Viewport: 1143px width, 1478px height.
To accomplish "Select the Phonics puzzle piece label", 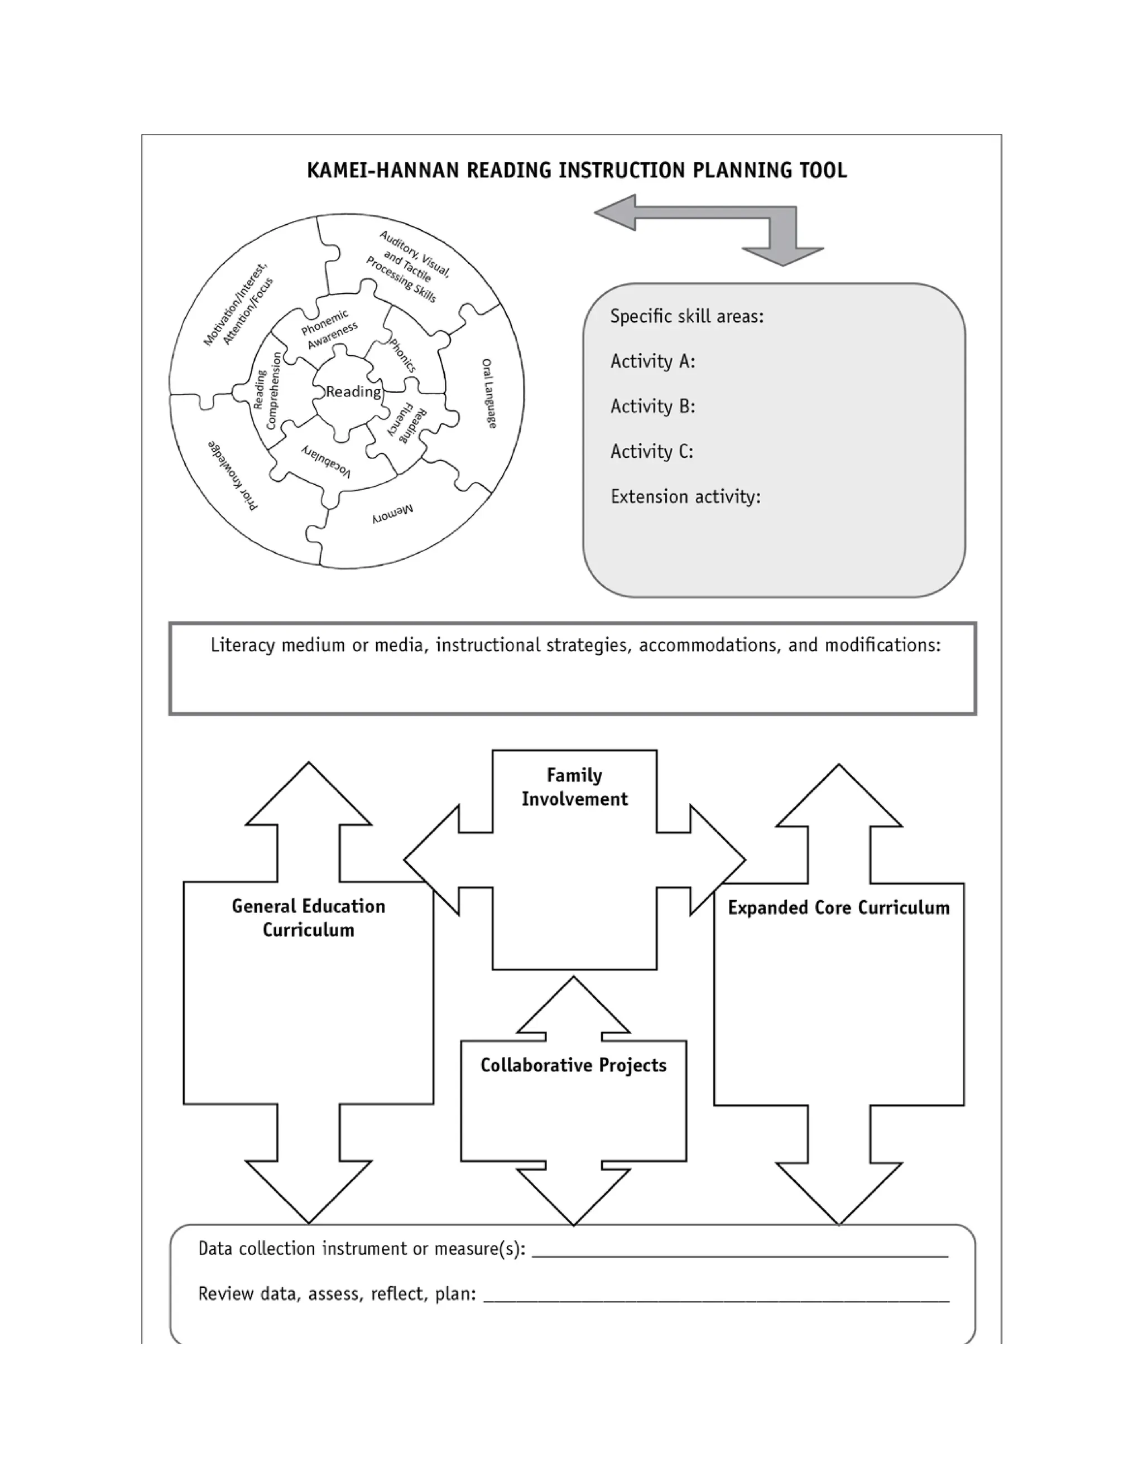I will (x=403, y=355).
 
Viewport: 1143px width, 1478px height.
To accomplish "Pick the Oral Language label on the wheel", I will (x=489, y=393).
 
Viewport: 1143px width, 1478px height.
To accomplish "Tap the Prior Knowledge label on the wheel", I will (x=233, y=475).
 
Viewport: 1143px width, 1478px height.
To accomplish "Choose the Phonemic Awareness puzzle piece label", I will (x=328, y=330).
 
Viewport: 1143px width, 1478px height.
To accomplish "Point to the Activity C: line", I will (x=652, y=451).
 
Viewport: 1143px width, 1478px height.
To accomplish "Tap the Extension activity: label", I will (x=685, y=497).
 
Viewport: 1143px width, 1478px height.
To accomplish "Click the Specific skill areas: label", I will (x=686, y=317).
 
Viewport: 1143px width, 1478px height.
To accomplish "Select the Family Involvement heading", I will (x=574, y=787).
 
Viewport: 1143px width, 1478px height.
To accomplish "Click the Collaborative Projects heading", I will (x=574, y=1065).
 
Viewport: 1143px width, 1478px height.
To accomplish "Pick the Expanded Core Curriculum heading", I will (x=838, y=907).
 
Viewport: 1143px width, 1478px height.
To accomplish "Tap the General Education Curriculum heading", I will (x=309, y=917).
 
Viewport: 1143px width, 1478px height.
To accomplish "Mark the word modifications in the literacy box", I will (x=882, y=645).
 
